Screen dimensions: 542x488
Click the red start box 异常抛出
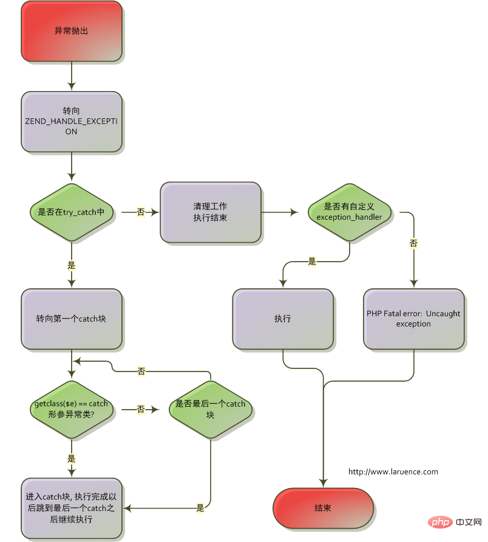pos(72,30)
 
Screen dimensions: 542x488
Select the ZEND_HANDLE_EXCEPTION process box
pos(72,121)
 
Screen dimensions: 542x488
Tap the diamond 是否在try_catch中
pos(72,212)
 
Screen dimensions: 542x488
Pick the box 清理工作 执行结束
pos(211,212)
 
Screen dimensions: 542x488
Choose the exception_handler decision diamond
pos(350,212)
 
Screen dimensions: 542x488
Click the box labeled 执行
pos(283,319)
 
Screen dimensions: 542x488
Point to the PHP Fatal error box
pos(414,319)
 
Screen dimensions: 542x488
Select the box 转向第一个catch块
pos(72,319)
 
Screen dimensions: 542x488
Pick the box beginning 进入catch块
pos(72,508)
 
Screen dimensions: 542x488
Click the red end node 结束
pos(323,508)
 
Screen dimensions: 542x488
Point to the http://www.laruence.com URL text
pos(393,472)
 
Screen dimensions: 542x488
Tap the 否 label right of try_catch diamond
pos(141,212)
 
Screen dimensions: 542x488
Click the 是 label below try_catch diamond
pos(72,265)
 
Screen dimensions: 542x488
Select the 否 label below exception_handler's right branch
pos(414,243)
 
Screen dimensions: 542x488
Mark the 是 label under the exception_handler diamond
pos(313,262)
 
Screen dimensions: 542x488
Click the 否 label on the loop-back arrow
pos(141,371)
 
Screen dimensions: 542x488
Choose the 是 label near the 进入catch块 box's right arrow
pos(200,508)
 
